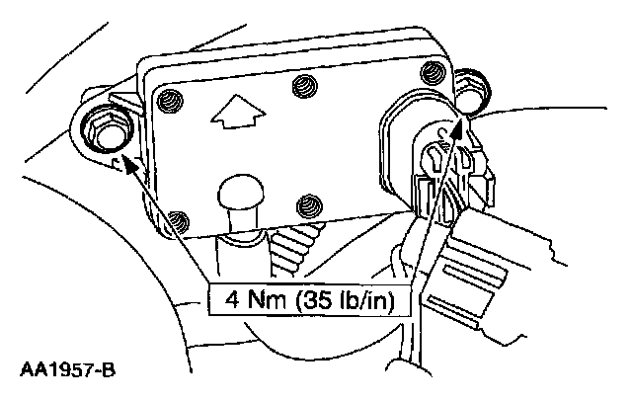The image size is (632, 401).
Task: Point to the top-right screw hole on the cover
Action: click(x=431, y=72)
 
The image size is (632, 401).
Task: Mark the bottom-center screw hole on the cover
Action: click(x=309, y=205)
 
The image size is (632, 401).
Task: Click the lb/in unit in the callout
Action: click(x=366, y=298)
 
